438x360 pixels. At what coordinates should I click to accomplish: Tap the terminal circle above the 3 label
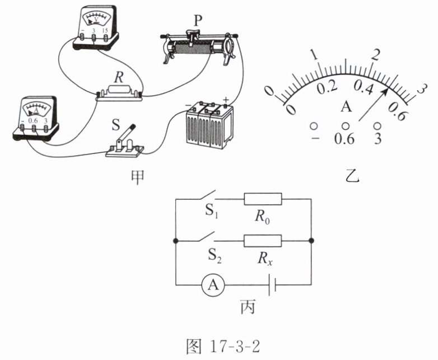(377, 126)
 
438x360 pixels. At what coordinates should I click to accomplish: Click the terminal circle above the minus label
(314, 126)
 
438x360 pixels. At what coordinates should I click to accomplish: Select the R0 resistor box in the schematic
(263, 199)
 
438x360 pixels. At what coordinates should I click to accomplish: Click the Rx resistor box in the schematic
(263, 241)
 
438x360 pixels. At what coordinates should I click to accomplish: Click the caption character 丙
(247, 307)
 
